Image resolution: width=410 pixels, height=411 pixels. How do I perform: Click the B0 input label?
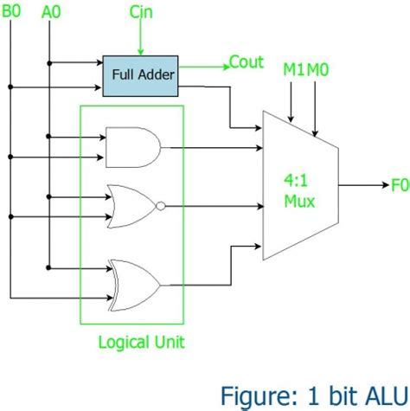pyautogui.click(x=15, y=11)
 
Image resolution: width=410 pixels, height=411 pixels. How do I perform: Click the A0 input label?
pyautogui.click(x=51, y=11)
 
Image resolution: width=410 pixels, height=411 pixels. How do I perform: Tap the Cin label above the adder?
pyautogui.click(x=142, y=11)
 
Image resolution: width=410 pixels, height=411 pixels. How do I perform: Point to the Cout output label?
pyautogui.click(x=246, y=62)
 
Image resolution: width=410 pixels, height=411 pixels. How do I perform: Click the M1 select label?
pyautogui.click(x=293, y=69)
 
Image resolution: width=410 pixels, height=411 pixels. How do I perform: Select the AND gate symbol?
pyautogui.click(x=130, y=146)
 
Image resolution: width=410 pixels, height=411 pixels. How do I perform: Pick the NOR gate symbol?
pyautogui.click(x=130, y=206)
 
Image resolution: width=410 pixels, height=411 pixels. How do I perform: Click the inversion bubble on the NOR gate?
pyautogui.click(x=162, y=206)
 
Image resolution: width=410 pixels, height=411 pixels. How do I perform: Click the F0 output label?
pyautogui.click(x=397, y=184)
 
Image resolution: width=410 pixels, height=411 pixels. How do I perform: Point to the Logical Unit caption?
pyautogui.click(x=141, y=342)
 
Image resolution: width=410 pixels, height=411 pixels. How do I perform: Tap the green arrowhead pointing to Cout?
pyautogui.click(x=222, y=63)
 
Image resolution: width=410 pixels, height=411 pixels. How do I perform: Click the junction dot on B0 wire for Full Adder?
pyautogui.click(x=10, y=87)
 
